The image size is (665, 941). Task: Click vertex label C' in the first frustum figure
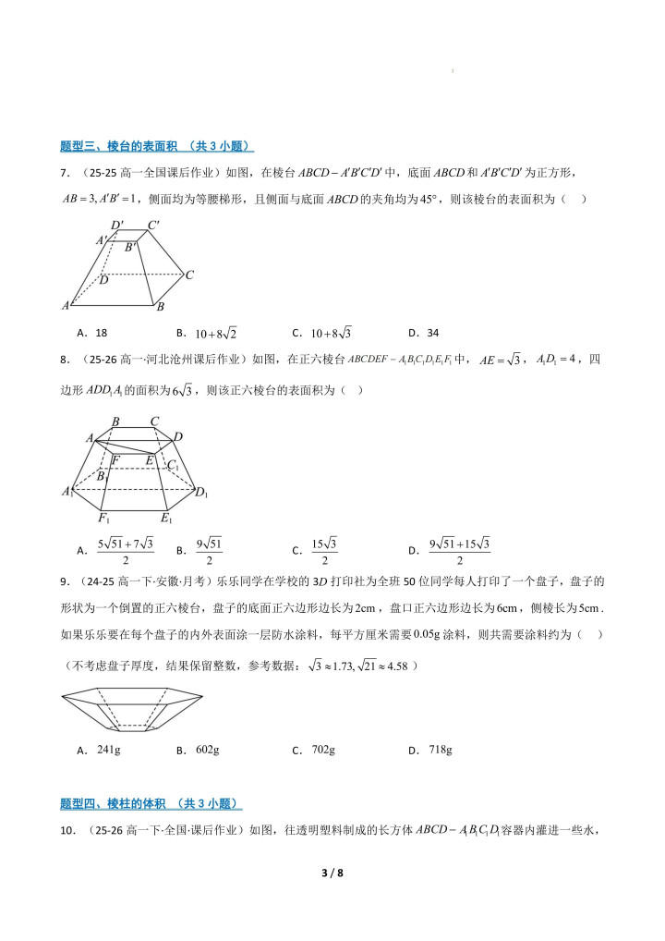(x=154, y=224)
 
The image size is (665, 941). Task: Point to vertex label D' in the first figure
(x=117, y=225)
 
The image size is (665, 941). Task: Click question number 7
(x=65, y=173)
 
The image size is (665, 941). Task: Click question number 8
(x=65, y=360)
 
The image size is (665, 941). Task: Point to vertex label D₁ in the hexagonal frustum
(x=202, y=492)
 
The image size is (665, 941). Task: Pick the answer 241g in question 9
(x=108, y=750)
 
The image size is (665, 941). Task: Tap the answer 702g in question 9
(x=323, y=750)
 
